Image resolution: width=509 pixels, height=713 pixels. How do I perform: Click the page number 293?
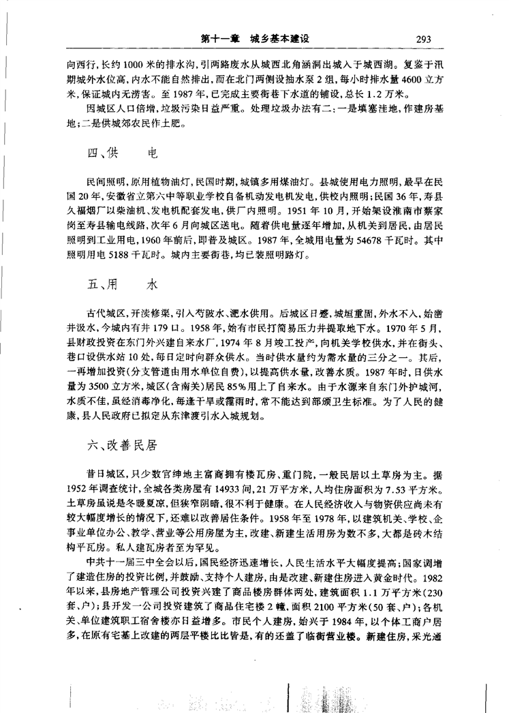422,39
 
